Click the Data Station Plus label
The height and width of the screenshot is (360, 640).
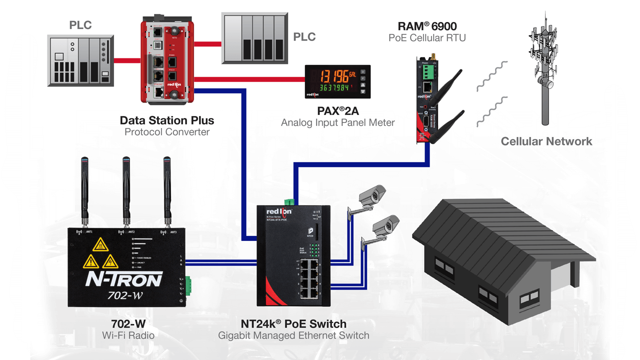click(x=166, y=120)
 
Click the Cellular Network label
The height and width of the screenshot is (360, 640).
click(x=546, y=141)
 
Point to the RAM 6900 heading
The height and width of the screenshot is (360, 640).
click(x=427, y=26)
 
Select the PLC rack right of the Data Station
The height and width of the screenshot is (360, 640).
click(x=253, y=38)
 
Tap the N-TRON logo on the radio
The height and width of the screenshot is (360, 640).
click(x=123, y=278)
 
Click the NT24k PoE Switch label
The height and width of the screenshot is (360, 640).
click(x=293, y=323)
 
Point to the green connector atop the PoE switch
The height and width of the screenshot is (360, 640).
click(x=289, y=201)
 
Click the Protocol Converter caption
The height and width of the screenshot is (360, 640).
click(x=166, y=132)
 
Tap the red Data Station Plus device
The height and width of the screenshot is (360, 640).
click(x=166, y=60)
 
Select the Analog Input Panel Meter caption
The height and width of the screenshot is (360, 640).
click(x=337, y=122)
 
